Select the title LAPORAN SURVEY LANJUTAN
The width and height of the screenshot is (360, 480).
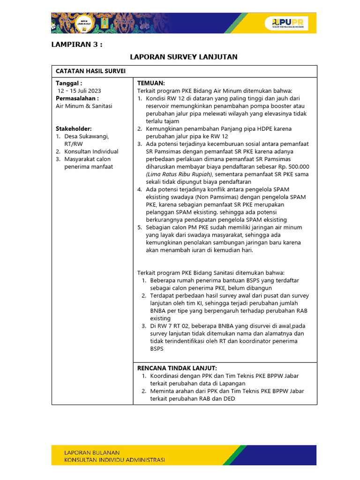click(183, 57)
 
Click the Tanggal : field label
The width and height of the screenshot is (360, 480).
click(69, 83)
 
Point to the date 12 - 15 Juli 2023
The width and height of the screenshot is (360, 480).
click(79, 90)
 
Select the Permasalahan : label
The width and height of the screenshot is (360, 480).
click(77, 98)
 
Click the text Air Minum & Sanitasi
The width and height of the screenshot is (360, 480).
click(84, 106)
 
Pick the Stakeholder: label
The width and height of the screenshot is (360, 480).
click(74, 128)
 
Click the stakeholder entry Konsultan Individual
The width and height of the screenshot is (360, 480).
click(91, 151)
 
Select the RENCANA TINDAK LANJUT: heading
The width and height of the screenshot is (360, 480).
click(177, 368)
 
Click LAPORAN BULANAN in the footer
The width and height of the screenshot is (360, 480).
click(92, 453)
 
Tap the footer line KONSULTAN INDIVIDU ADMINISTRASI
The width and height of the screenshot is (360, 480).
click(114, 460)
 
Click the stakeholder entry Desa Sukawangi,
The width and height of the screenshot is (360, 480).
click(87, 136)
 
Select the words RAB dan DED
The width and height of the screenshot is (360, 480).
click(219, 398)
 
